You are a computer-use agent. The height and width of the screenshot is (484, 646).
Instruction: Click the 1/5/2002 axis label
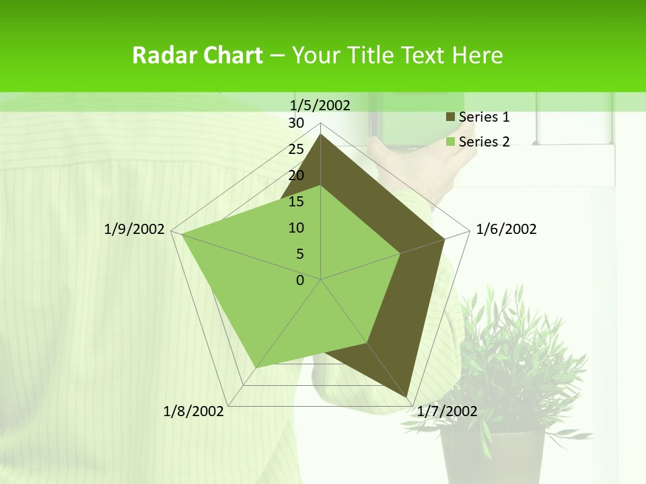click(x=320, y=106)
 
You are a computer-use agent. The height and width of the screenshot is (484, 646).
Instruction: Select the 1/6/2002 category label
click(x=506, y=229)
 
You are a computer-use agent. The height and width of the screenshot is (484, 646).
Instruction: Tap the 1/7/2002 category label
click(x=447, y=411)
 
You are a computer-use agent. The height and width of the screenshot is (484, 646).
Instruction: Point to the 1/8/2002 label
click(x=194, y=411)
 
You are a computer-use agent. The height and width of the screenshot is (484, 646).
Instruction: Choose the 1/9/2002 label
click(x=135, y=229)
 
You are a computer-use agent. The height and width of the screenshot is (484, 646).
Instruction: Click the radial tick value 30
click(x=296, y=123)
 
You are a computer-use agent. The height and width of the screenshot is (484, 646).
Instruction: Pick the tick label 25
click(x=296, y=149)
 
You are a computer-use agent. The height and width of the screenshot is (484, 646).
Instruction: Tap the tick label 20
click(x=296, y=175)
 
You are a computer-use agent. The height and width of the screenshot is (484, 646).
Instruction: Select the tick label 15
click(x=296, y=202)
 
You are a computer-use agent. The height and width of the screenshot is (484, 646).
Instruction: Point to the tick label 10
click(x=296, y=228)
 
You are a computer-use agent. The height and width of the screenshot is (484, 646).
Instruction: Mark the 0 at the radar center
click(x=300, y=280)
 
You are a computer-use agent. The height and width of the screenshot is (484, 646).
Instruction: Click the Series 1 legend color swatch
click(x=450, y=117)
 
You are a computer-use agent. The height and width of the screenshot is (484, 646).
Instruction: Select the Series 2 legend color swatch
click(x=450, y=142)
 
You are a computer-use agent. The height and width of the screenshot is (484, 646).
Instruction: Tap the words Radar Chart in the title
click(x=197, y=55)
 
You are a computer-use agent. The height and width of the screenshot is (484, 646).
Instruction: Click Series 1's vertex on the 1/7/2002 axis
click(x=408, y=398)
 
